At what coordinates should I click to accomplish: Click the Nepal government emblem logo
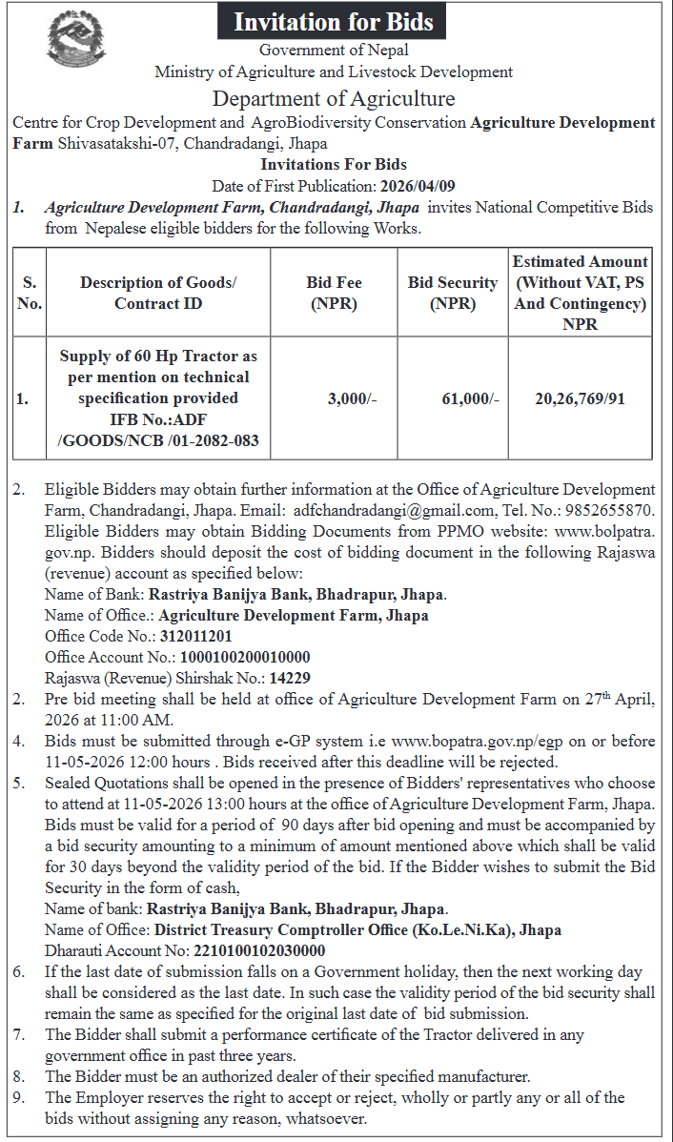click(78, 38)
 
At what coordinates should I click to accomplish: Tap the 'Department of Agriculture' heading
click(334, 98)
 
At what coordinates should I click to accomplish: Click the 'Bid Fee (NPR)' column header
click(334, 294)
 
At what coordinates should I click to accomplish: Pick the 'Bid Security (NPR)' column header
click(453, 294)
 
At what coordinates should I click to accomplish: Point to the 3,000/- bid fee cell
click(352, 399)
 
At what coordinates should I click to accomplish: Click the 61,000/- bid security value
click(470, 399)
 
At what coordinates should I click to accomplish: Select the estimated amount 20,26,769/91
click(580, 399)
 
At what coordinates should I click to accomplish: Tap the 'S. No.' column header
click(30, 294)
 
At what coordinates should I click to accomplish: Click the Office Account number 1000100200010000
click(243, 657)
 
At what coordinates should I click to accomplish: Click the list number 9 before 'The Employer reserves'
click(19, 1097)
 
